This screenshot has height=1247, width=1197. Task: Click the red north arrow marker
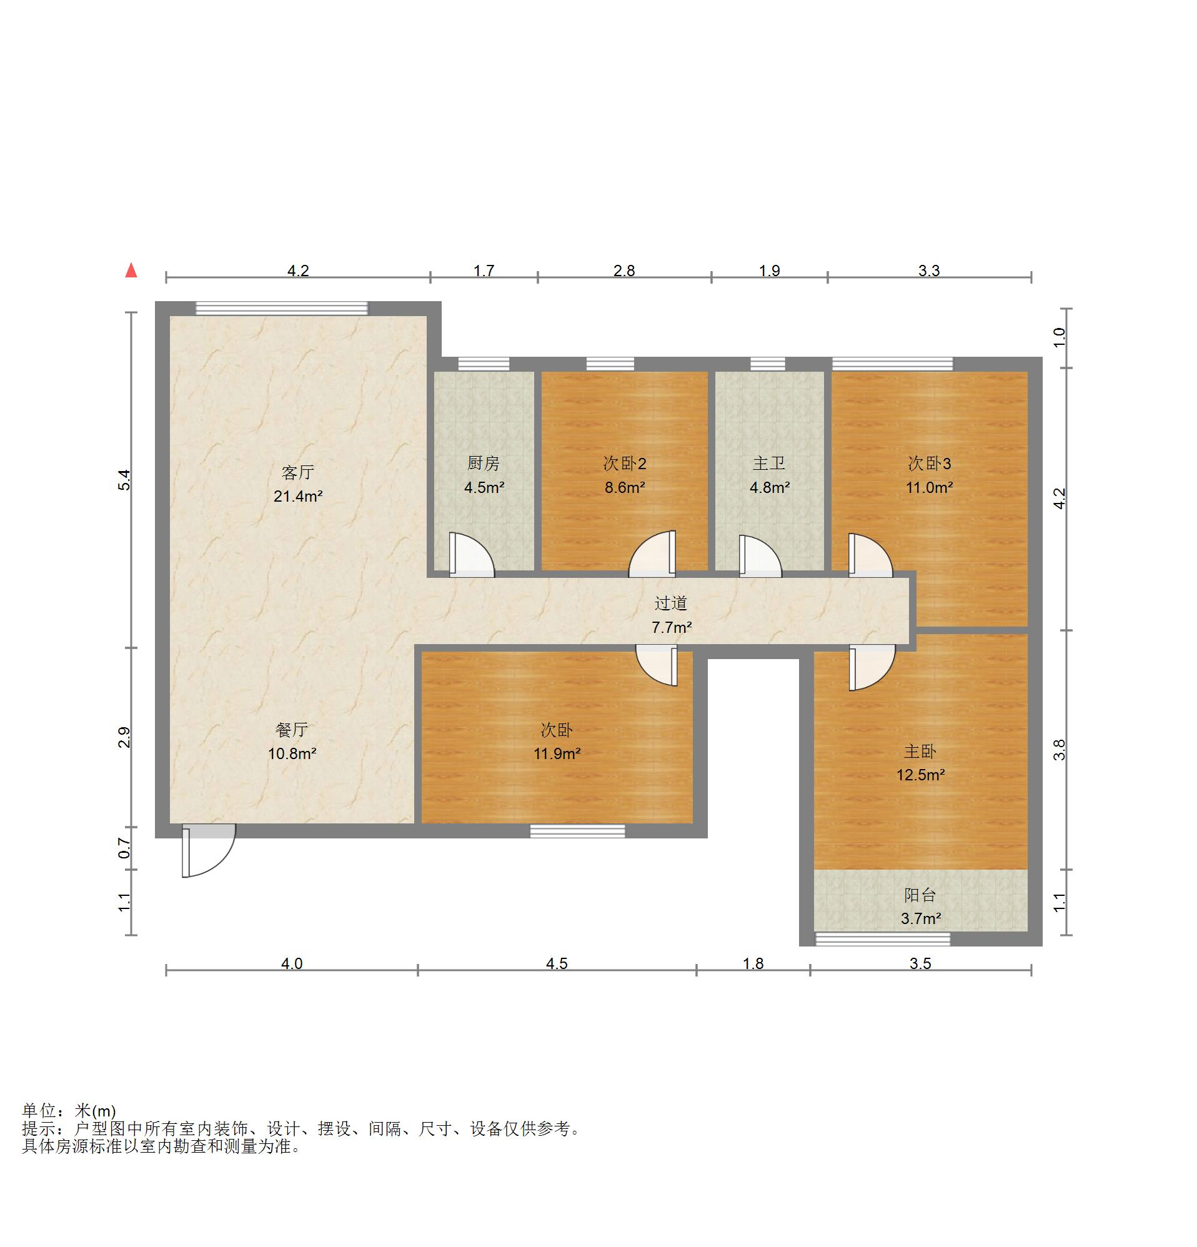tap(131, 271)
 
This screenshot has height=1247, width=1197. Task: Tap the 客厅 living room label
tap(298, 473)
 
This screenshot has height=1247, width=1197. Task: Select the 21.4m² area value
tap(298, 496)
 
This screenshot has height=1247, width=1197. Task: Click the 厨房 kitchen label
tap(484, 464)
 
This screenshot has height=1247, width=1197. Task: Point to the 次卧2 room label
tap(624, 464)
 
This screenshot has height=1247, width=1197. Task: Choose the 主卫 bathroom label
tap(768, 464)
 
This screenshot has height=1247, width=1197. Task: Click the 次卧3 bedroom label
tap(929, 464)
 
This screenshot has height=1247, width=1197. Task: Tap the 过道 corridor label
tap(671, 603)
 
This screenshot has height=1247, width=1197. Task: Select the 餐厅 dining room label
tap(292, 730)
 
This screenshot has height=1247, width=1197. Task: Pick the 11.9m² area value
tap(557, 754)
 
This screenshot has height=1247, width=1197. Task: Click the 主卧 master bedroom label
tap(920, 752)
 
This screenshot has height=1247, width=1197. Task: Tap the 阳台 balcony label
tap(920, 895)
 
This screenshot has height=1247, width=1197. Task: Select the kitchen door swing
tap(472, 555)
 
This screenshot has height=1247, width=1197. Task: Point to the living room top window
tap(281, 309)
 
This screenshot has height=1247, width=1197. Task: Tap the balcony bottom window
tap(883, 939)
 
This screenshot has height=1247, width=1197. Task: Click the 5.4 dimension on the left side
tap(125, 480)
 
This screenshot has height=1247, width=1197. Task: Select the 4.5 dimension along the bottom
tap(557, 964)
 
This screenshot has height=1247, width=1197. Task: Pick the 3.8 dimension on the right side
tap(1059, 750)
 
